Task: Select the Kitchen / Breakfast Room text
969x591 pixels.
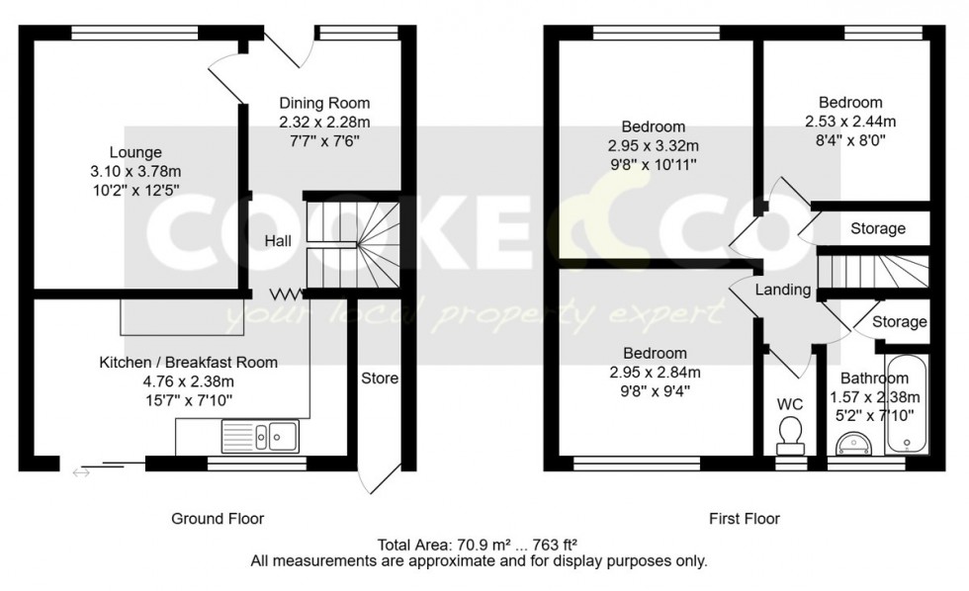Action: pos(188,363)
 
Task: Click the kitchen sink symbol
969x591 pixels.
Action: pos(260,435)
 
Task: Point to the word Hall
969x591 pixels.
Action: pos(277,241)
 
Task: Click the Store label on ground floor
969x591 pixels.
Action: pos(379,379)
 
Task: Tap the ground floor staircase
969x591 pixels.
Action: pos(352,243)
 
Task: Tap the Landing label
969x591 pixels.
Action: pos(783,291)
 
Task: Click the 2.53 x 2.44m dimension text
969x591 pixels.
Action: pos(849,122)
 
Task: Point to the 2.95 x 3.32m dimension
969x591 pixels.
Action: pos(653,146)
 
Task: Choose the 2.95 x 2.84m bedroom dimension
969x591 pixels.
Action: pos(654,373)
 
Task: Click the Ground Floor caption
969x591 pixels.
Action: pos(218,518)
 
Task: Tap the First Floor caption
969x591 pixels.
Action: pos(745,518)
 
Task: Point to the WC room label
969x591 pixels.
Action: pos(789,403)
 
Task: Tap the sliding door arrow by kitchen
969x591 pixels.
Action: pos(81,472)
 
